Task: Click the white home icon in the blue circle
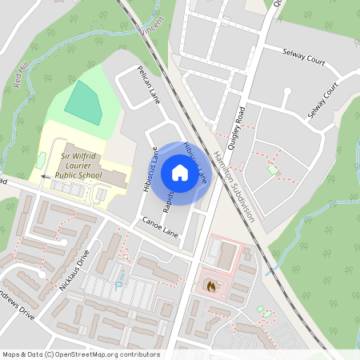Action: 180,173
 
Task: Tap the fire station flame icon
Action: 211,284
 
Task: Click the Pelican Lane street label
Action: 149,86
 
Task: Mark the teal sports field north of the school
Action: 83,102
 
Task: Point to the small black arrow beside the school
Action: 44,176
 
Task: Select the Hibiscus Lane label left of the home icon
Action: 147,170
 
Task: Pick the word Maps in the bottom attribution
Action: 11,354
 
